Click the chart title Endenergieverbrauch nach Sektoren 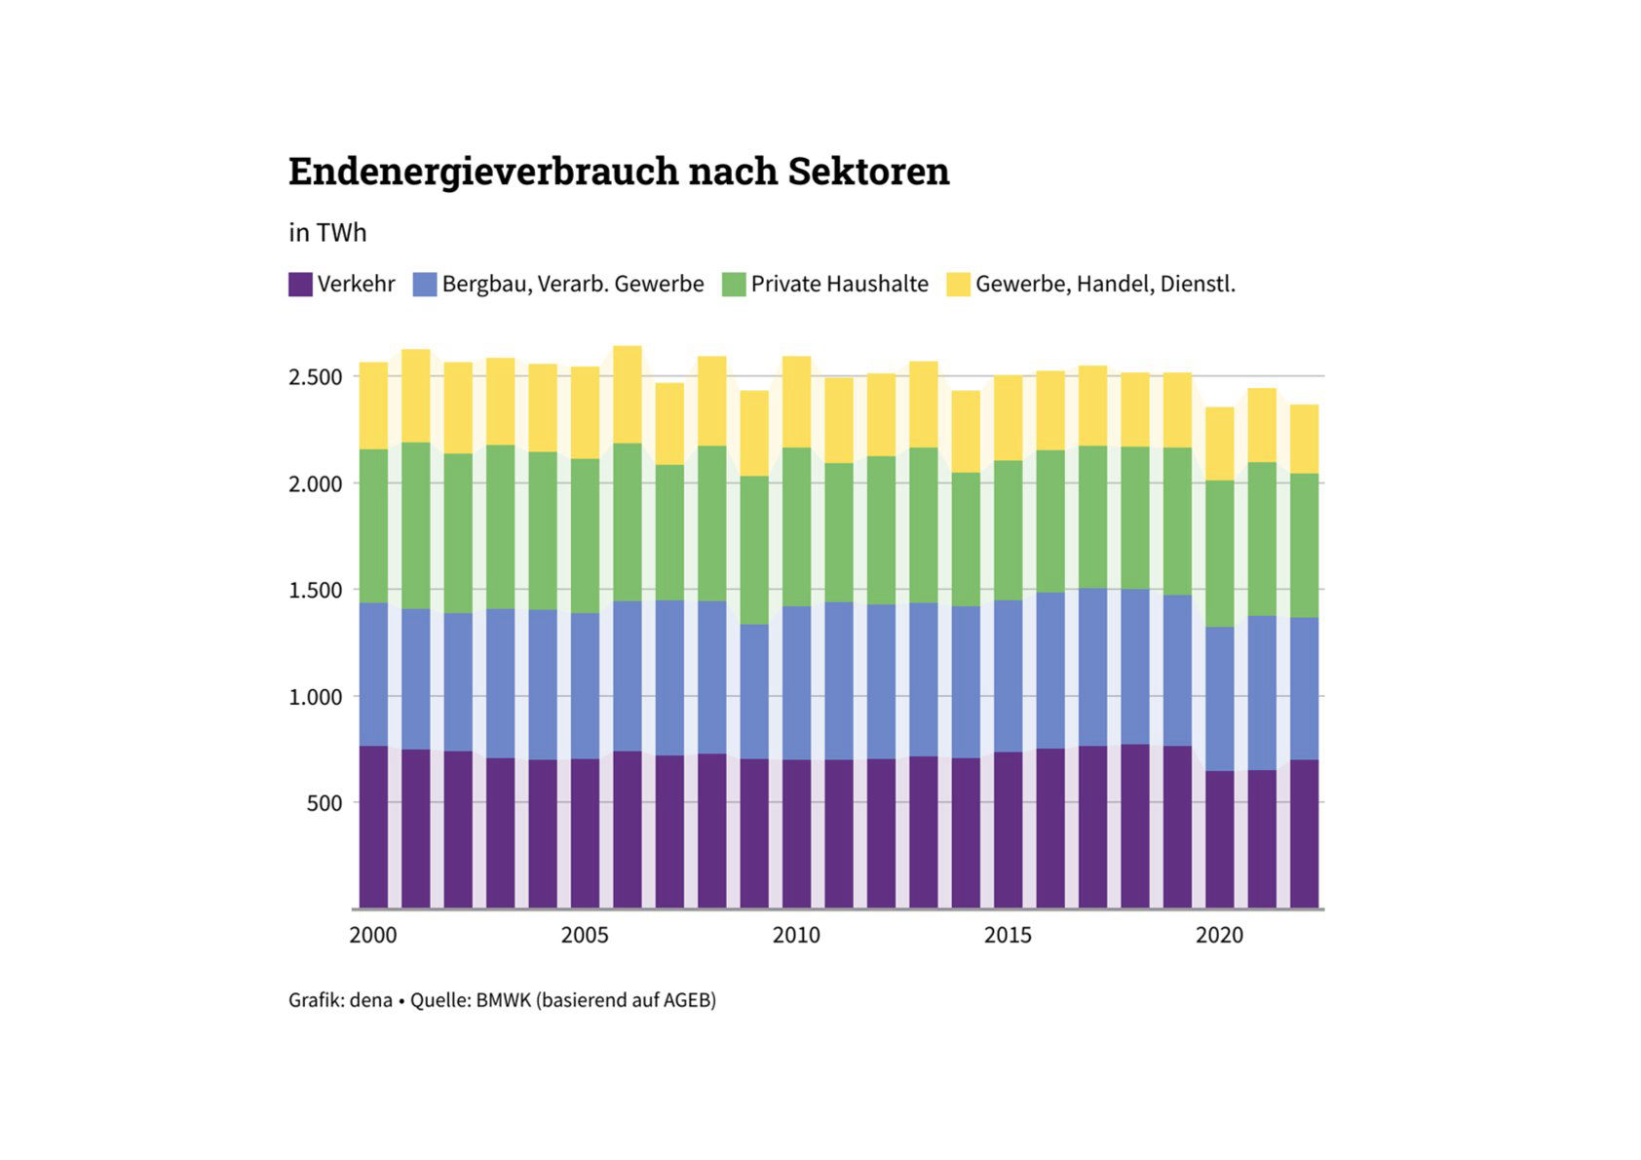tap(618, 172)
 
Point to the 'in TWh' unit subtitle tap(327, 233)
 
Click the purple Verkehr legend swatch tap(300, 285)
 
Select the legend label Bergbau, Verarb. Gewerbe tap(572, 285)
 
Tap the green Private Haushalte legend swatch tap(734, 285)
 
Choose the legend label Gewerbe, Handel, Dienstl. tap(1105, 285)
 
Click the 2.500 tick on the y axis tap(315, 377)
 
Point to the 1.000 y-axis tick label tap(315, 697)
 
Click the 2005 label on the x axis tap(585, 936)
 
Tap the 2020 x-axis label tap(1219, 936)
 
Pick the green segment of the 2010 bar tap(796, 526)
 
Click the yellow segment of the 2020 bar tap(1219, 444)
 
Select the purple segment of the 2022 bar tap(1304, 833)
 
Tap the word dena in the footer tap(370, 1000)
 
